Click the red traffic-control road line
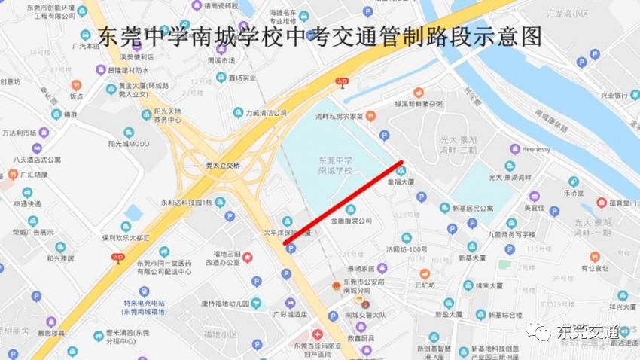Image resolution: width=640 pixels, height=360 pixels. click(x=343, y=203)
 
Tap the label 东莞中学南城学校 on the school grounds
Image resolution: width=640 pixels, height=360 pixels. click(x=335, y=165)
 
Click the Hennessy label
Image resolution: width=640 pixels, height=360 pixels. click(x=536, y=149)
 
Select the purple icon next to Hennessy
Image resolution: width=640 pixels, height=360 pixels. click(x=515, y=149)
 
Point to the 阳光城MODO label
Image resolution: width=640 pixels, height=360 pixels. click(x=129, y=143)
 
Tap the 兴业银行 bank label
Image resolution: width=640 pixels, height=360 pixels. click(x=614, y=96)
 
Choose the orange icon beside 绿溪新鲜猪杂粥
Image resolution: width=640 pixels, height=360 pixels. click(x=419, y=92)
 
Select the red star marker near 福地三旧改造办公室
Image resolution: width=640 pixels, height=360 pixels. click(x=247, y=257)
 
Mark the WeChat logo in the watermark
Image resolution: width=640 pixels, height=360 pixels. click(x=540, y=331)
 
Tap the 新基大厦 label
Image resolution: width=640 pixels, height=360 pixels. click(x=479, y=258)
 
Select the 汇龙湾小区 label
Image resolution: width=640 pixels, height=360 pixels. click(x=575, y=14)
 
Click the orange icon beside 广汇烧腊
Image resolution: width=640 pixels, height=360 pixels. click(x=12, y=175)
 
